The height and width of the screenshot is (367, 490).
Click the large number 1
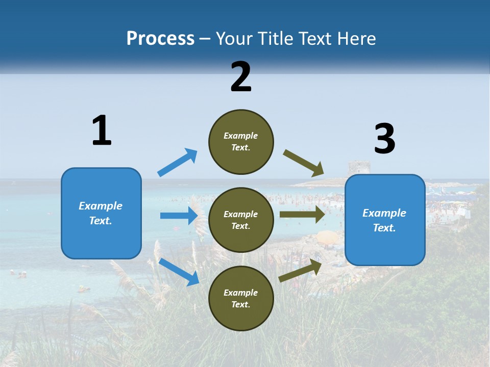click(102, 130)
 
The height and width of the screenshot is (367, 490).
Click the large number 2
click(241, 77)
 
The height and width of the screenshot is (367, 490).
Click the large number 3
click(384, 139)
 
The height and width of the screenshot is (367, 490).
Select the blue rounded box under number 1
click(101, 213)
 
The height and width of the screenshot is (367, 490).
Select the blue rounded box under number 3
click(385, 220)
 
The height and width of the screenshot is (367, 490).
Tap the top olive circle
click(241, 142)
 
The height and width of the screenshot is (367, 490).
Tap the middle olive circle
click(241, 220)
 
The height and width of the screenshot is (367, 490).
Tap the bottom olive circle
click(241, 298)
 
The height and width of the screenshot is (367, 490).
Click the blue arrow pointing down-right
click(179, 272)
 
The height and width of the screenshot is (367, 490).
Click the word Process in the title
click(160, 39)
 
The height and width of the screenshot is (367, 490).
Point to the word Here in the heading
click(357, 39)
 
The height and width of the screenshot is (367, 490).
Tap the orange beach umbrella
click(328, 237)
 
